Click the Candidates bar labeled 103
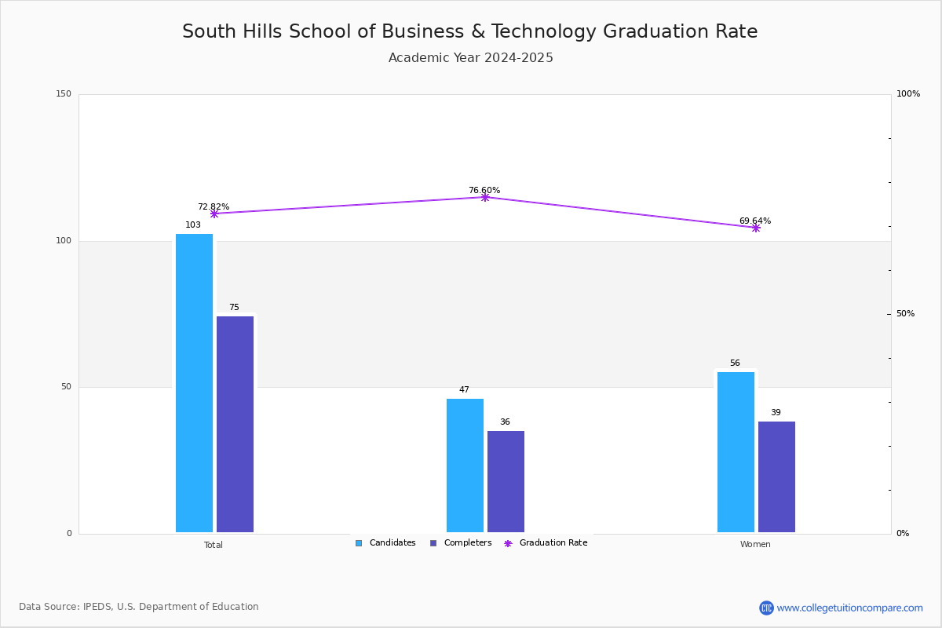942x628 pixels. point(195,383)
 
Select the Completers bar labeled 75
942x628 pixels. point(235,424)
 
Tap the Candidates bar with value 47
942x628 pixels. point(465,466)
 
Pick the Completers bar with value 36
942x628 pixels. point(506,481)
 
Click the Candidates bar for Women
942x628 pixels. point(736,452)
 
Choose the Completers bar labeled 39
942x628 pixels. point(776,476)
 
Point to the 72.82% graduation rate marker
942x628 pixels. point(214,214)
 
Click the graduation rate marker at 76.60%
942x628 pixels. point(485,197)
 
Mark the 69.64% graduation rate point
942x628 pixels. point(756,228)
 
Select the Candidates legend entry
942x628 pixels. point(385,542)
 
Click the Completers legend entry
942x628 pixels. point(461,542)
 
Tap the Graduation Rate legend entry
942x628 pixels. point(546,542)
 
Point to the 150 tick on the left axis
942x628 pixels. point(64,93)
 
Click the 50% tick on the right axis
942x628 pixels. point(905,313)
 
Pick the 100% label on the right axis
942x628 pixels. point(908,93)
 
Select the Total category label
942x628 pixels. point(214,545)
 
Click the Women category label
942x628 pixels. point(755,544)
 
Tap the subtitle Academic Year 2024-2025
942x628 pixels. point(470,57)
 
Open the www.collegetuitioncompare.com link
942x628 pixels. point(849,608)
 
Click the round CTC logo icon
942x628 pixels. point(766,608)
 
